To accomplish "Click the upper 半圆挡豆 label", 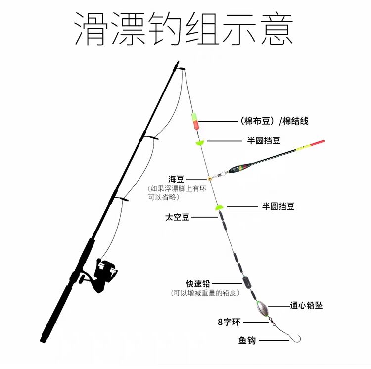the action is [x=264, y=141].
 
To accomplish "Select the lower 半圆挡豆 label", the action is [x=278, y=206].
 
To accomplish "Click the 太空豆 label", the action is [x=177, y=217].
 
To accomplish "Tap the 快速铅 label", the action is [x=198, y=283].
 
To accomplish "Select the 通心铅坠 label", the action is [x=306, y=306].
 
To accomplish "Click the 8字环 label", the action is [x=229, y=322].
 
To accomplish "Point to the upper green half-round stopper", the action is [x=199, y=143].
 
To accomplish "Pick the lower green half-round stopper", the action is [x=218, y=208].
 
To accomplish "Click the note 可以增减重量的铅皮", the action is [x=205, y=293].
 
